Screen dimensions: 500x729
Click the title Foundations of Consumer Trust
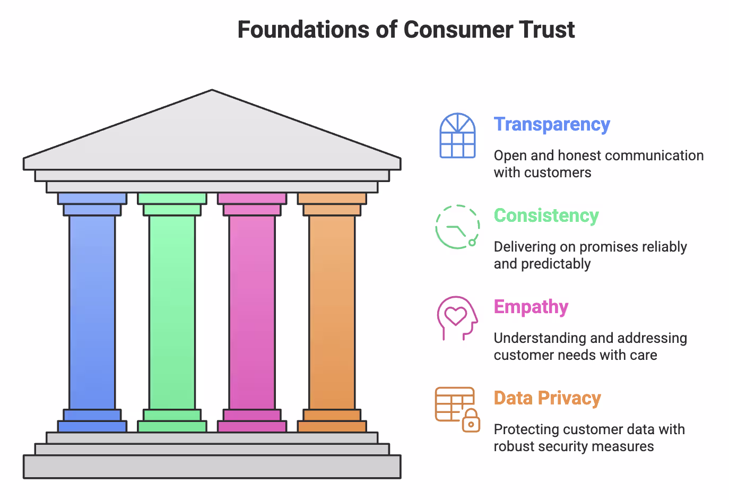[x=406, y=30]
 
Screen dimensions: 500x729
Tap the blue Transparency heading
[x=552, y=124]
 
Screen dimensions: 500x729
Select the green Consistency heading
[x=546, y=215]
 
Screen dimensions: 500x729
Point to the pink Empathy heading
[x=531, y=307]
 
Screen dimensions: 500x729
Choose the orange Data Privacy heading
[x=547, y=398]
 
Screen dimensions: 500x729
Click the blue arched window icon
[x=457, y=135]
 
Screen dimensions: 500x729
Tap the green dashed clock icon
[x=457, y=227]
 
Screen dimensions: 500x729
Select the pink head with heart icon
[x=457, y=317]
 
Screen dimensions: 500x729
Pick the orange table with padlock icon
[x=457, y=409]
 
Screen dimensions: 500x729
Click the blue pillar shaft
[x=92, y=312]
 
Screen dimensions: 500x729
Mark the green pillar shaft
[x=172, y=312]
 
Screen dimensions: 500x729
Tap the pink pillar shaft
[x=252, y=312]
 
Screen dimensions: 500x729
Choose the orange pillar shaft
[x=332, y=312]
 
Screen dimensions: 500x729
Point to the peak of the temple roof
[x=212, y=92]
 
